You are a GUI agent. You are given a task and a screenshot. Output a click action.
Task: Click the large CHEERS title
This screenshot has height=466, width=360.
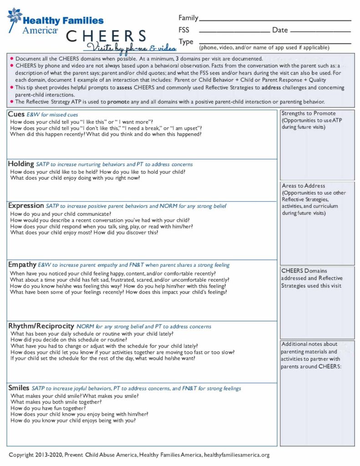(x=106, y=36)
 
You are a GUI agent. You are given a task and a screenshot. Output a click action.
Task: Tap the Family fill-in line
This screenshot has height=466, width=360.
(x=275, y=20)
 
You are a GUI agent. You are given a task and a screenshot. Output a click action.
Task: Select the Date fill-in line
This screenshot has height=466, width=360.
(x=320, y=31)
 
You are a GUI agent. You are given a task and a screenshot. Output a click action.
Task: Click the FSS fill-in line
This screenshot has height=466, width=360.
(x=234, y=31)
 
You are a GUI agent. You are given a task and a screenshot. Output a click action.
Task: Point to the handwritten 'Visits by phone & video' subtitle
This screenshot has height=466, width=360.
(x=124, y=47)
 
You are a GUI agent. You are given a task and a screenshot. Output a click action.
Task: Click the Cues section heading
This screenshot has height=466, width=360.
(x=16, y=114)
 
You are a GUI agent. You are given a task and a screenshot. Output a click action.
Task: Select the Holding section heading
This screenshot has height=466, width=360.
(x=21, y=164)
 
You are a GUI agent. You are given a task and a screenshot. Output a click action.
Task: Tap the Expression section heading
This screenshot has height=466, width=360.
(x=26, y=206)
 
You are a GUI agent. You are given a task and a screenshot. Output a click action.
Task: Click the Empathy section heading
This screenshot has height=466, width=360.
(x=22, y=264)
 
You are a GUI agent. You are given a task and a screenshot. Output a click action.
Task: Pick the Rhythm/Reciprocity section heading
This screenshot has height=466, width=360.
(x=41, y=326)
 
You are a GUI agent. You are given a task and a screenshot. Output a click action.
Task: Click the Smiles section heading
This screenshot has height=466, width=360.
(x=19, y=388)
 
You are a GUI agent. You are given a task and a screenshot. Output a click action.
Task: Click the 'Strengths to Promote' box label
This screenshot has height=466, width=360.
(x=308, y=113)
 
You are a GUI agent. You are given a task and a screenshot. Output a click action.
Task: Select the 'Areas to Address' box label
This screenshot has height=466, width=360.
(x=303, y=186)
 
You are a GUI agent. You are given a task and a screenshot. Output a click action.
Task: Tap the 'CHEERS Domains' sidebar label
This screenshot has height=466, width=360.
(x=304, y=271)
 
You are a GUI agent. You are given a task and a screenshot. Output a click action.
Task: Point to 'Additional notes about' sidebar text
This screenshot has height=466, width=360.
(x=309, y=344)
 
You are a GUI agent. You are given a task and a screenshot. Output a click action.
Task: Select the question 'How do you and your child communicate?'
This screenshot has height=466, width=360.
(x=61, y=214)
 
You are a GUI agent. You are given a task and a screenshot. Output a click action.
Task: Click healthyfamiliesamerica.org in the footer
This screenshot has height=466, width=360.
(x=237, y=455)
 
